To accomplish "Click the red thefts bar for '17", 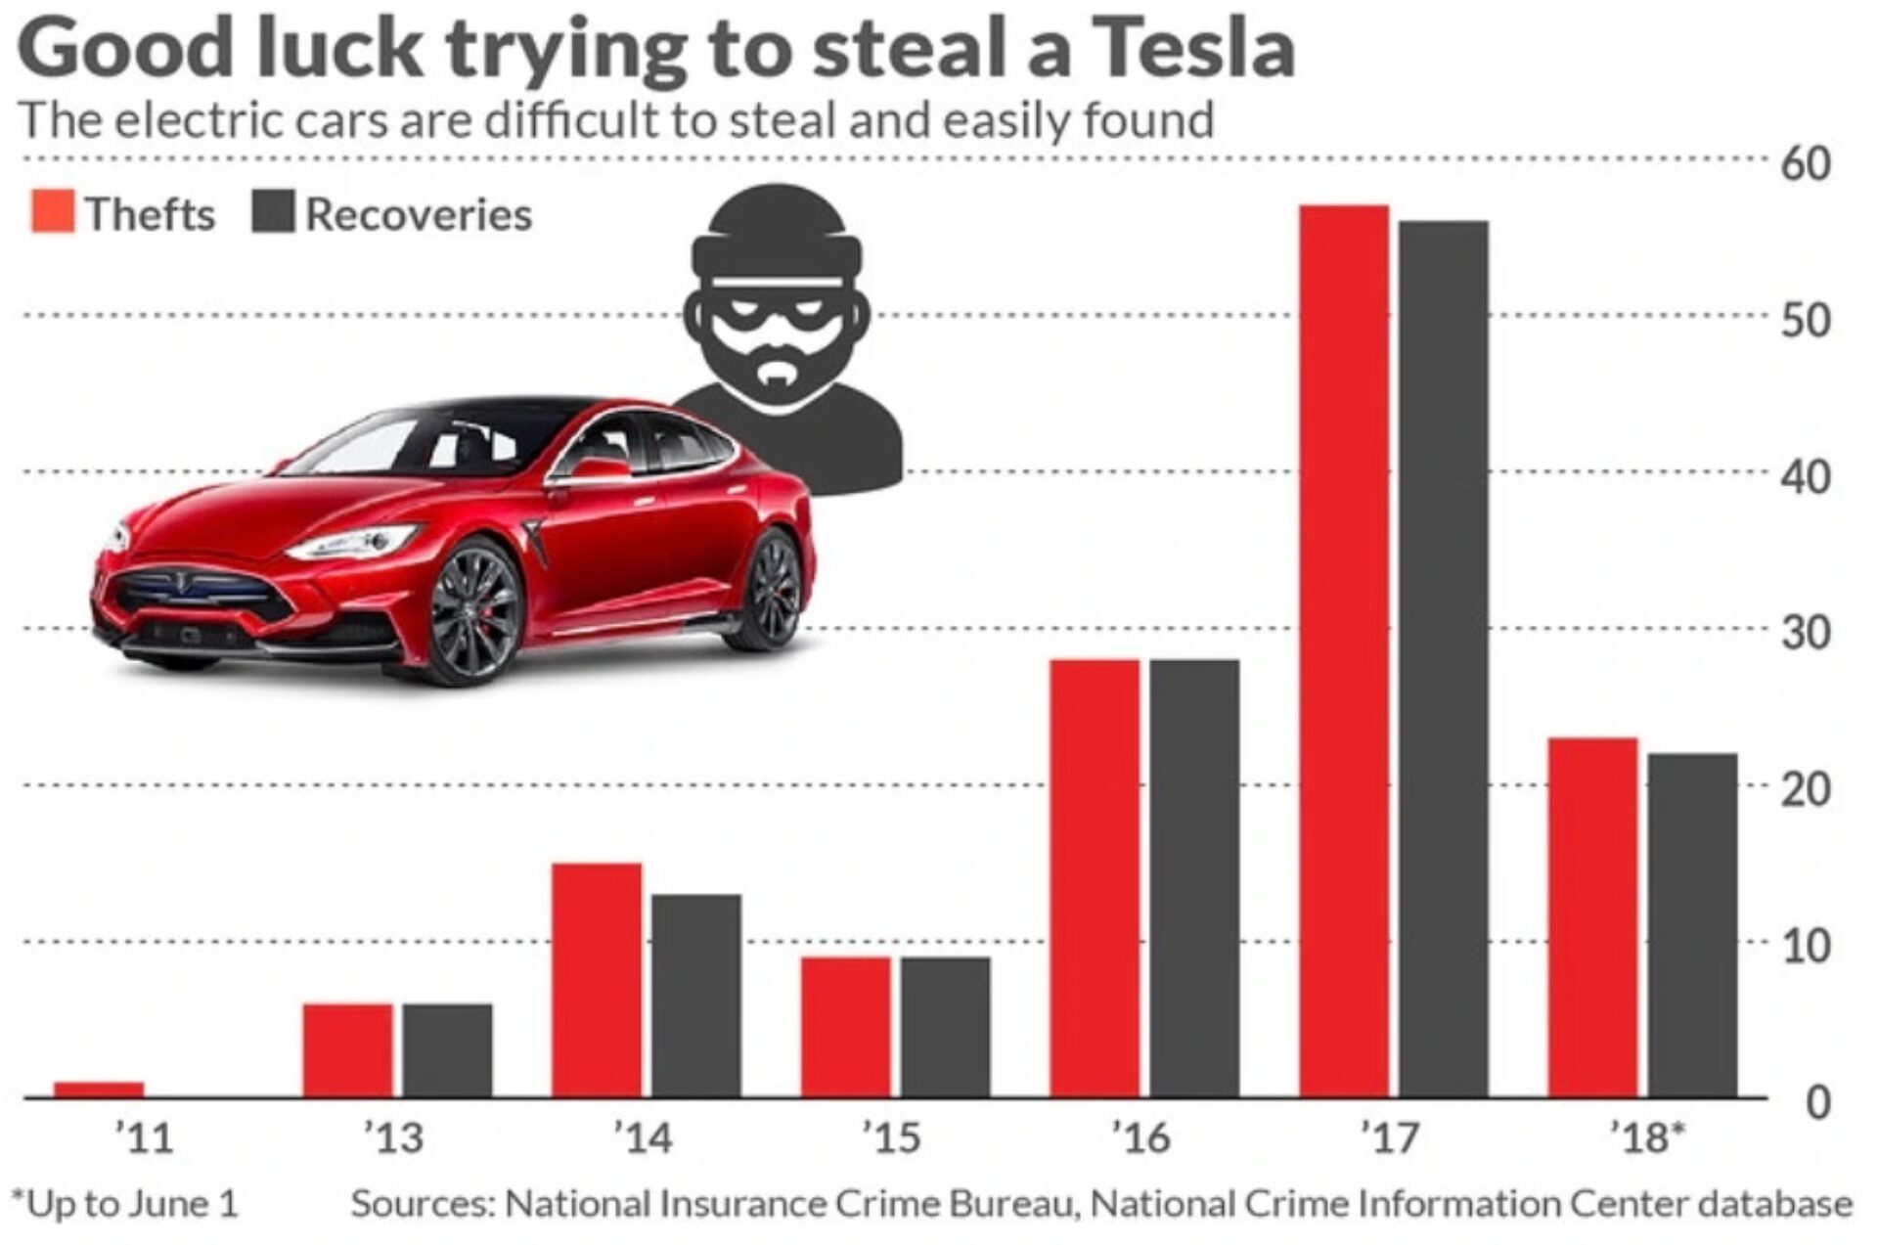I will (x=1343, y=650).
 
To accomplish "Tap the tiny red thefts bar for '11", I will (x=99, y=1089).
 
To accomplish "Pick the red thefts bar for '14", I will (x=597, y=979).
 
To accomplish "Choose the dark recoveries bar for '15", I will (x=945, y=1026).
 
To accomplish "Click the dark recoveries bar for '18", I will (x=1692, y=924).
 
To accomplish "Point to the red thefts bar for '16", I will (x=1095, y=877).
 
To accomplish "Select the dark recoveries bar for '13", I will (x=447, y=1049).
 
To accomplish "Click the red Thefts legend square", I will (x=52, y=212).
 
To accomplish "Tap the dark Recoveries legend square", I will (x=273, y=212).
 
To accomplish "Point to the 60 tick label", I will (x=1805, y=163).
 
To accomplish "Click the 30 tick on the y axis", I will (x=1805, y=634).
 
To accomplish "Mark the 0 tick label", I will (x=1817, y=1102).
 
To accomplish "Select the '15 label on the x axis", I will (x=891, y=1137).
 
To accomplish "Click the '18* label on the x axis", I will (x=1647, y=1137).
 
